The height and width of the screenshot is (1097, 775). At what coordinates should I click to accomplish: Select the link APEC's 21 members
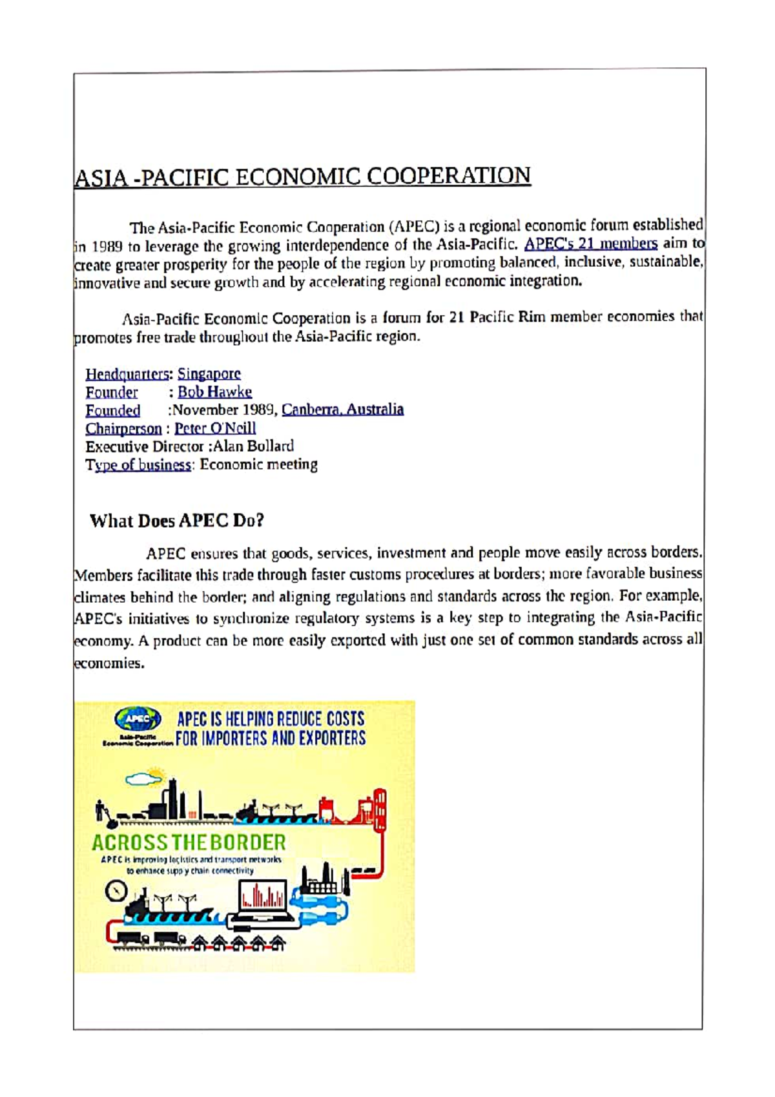click(x=590, y=244)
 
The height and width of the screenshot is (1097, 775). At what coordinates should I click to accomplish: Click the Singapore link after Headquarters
click(x=209, y=373)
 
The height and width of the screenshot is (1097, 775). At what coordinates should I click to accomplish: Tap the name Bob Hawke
click(x=214, y=392)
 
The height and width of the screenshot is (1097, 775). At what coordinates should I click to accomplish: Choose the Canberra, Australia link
click(x=342, y=409)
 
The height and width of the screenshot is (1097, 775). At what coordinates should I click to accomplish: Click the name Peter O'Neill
click(x=215, y=428)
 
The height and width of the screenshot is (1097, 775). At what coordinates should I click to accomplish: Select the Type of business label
click(x=138, y=465)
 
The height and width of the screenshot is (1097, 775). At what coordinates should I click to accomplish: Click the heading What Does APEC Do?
click(x=177, y=521)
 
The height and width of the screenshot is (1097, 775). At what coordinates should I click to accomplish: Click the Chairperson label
click(x=123, y=428)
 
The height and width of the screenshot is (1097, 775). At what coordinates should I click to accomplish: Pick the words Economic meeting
click(x=258, y=465)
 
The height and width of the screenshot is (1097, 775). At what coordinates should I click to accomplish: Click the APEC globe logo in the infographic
click(x=138, y=718)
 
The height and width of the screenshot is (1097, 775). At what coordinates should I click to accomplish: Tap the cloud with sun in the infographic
click(x=146, y=778)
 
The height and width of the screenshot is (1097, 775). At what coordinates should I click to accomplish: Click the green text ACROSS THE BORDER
click(x=189, y=842)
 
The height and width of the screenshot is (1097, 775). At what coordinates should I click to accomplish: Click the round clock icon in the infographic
click(x=116, y=892)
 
